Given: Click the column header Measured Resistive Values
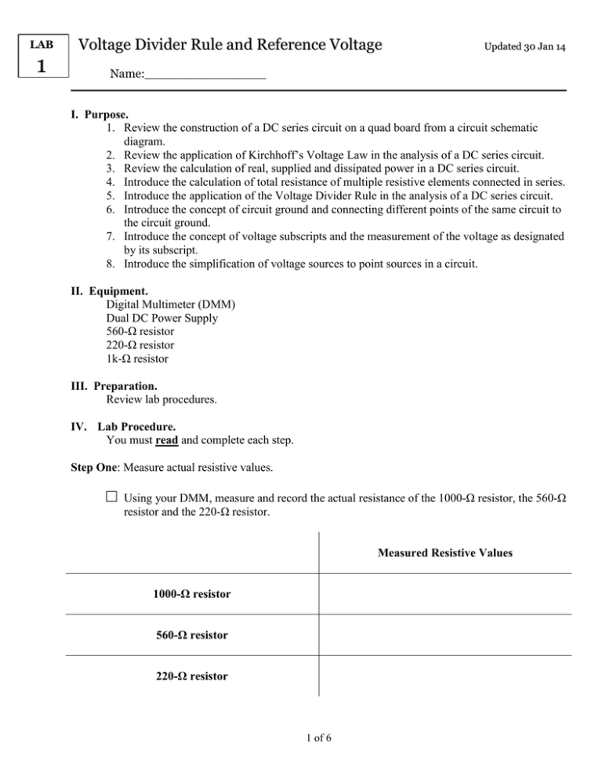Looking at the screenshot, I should click(444, 553).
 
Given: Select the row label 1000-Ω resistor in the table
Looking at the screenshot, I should click(191, 595).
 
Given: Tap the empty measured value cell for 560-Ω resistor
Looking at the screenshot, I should click(444, 634).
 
